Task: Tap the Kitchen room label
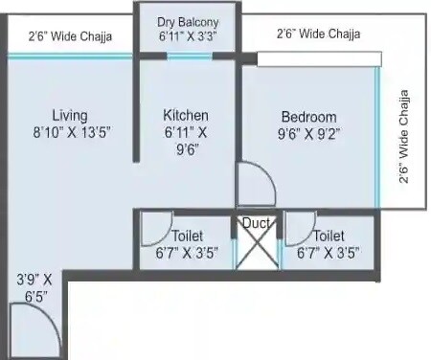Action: tap(187, 115)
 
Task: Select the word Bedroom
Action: tap(308, 117)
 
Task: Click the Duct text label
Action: tap(256, 223)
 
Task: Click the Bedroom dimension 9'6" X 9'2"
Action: tap(308, 134)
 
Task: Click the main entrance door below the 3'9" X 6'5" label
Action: tap(40, 330)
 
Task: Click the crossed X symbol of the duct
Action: tap(258, 247)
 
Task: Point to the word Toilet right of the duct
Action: tap(329, 236)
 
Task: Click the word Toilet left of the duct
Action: tap(187, 236)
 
